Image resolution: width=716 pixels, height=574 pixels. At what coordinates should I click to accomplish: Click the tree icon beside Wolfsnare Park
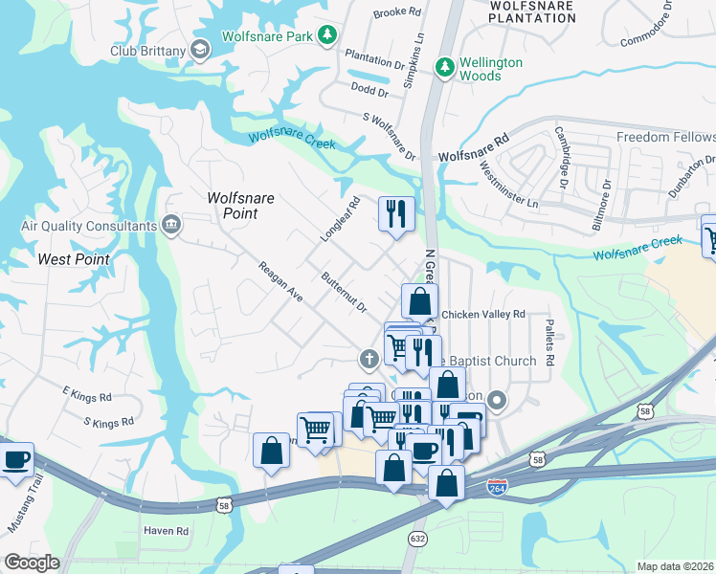coord(328,35)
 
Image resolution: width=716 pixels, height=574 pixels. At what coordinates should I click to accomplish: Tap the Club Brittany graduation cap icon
coord(200,50)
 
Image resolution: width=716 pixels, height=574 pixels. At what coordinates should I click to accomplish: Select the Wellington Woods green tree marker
coord(444,67)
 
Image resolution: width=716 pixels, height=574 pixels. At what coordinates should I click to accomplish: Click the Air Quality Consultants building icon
coord(171,226)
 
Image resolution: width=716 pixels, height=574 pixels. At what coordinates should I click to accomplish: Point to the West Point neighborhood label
coord(73,259)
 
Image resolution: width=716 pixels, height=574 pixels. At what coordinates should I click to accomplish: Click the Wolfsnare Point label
coord(241,206)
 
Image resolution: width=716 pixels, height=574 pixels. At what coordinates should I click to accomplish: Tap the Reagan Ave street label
coord(280,283)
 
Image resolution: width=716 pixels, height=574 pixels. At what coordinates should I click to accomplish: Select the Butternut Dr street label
coord(345,293)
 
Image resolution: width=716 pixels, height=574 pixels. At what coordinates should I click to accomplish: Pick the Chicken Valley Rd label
coord(483,314)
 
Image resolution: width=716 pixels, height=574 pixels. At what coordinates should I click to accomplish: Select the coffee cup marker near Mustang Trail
coord(15,460)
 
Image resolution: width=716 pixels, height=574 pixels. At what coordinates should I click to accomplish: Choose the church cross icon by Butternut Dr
coord(367,360)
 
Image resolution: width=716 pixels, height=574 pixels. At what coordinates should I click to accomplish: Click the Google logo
coord(32,563)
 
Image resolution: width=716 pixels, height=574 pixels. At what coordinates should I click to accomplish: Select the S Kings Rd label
coord(107,421)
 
